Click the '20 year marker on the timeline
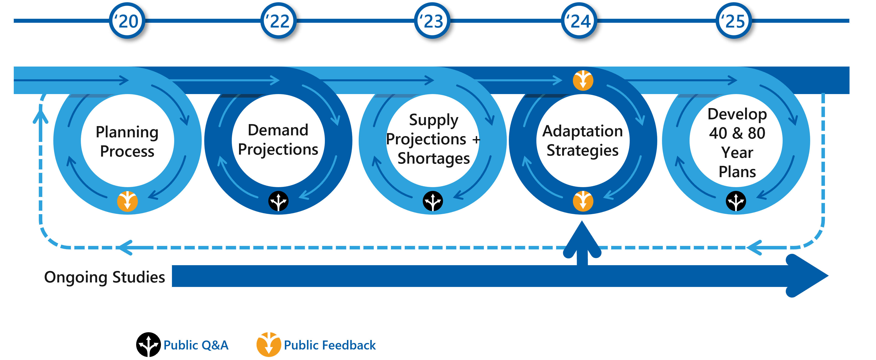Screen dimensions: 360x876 pyautogui.click(x=127, y=21)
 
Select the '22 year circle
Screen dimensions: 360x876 pyautogui.click(x=279, y=21)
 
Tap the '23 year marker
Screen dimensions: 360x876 pyautogui.click(x=432, y=21)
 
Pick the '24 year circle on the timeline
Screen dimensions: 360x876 pyautogui.click(x=579, y=21)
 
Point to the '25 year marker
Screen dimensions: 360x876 pyautogui.click(x=734, y=21)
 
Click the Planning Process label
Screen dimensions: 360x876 pyautogui.click(x=127, y=141)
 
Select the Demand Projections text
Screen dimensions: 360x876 pyautogui.click(x=278, y=140)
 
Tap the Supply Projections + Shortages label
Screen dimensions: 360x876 pyautogui.click(x=433, y=139)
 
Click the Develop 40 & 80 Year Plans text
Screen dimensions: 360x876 pyautogui.click(x=737, y=143)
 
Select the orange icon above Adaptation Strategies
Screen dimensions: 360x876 pyautogui.click(x=583, y=81)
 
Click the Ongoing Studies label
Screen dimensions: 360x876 pyautogui.click(x=105, y=277)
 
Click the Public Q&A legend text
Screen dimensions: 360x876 pyautogui.click(x=196, y=345)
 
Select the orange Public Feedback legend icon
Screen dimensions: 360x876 pyautogui.click(x=269, y=344)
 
